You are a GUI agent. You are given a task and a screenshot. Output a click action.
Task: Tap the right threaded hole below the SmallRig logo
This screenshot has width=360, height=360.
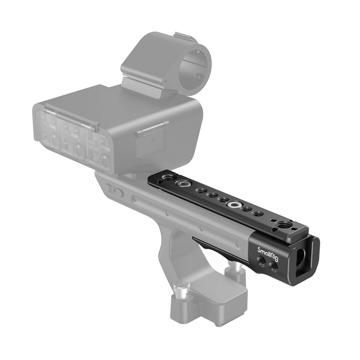pyautogui.click(x=275, y=265)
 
